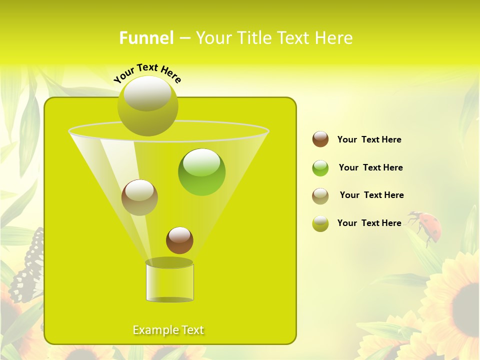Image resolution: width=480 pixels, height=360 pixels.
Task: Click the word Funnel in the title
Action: [146, 38]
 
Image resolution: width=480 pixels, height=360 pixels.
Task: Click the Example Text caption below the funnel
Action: [168, 330]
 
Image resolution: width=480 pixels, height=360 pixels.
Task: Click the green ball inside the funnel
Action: [201, 171]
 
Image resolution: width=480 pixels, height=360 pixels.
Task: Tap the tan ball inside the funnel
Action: [139, 197]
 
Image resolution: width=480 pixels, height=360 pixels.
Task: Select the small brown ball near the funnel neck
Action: [179, 240]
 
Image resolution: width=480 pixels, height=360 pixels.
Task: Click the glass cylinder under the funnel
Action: [169, 282]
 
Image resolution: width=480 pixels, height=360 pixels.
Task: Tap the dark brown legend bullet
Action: [320, 139]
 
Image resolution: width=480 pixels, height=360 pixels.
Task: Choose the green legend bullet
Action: [320, 168]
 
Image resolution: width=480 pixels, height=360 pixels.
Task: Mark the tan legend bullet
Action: [320, 196]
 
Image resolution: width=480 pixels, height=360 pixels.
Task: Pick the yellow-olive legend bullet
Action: [320, 223]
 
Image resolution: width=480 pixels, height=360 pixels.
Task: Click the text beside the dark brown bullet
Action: [369, 139]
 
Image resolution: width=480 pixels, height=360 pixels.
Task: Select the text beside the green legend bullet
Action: [370, 167]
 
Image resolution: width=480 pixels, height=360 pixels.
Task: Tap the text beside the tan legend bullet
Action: [371, 195]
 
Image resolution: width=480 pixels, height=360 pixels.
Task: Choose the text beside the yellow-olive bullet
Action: [369, 223]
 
